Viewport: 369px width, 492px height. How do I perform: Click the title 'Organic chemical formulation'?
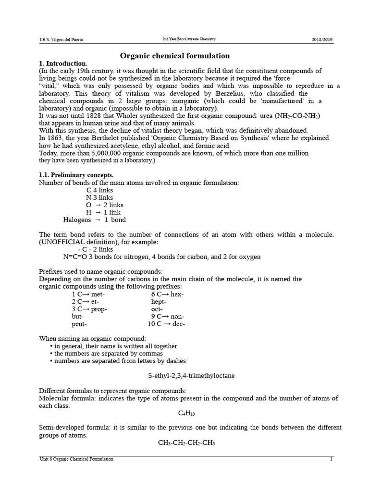coord(175,56)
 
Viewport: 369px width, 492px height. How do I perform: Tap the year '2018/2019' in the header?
coord(321,39)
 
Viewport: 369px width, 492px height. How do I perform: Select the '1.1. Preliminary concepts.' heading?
coord(76,175)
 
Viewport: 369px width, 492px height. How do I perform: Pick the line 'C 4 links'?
coord(99,190)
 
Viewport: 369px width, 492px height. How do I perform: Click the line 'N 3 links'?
coord(99,197)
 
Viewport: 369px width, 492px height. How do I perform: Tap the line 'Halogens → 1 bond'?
coord(95,220)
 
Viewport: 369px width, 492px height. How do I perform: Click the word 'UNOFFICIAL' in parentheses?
coord(62,242)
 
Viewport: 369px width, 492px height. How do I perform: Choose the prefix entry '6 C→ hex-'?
coord(167,294)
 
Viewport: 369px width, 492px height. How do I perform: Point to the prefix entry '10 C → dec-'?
coord(166,324)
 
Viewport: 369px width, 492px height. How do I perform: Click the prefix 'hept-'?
coord(159,302)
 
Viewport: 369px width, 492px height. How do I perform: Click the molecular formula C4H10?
coord(186,413)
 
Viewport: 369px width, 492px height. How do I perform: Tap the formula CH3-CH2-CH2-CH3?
coord(186,443)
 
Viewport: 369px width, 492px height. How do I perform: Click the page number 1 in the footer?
coord(331,459)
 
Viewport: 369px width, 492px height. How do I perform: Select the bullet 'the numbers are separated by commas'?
coord(105,353)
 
